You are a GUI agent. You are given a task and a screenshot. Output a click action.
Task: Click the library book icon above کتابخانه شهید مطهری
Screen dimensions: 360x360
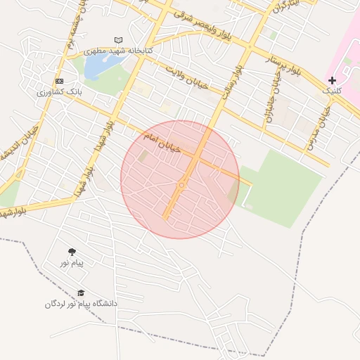[117, 40]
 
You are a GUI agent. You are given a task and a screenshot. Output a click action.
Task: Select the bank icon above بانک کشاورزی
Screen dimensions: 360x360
[59, 81]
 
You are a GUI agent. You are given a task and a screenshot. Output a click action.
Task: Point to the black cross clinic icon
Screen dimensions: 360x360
[332, 80]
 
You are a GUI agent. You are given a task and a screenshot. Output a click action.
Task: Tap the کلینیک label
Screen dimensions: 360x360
[331, 91]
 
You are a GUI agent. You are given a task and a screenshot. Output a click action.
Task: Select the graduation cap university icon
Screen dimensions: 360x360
[81, 292]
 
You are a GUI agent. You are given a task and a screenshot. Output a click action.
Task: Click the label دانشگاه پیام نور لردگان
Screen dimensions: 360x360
[81, 304]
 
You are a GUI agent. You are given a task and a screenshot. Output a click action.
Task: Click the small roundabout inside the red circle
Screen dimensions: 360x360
[181, 185]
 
